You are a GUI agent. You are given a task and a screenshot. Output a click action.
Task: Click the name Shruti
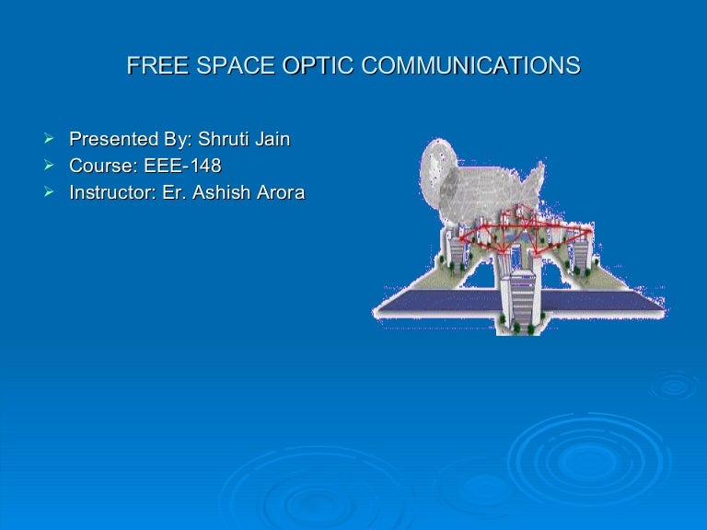click(224, 140)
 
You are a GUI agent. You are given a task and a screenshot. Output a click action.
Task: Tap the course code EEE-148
click(183, 167)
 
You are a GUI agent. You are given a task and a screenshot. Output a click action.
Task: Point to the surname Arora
click(281, 193)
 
